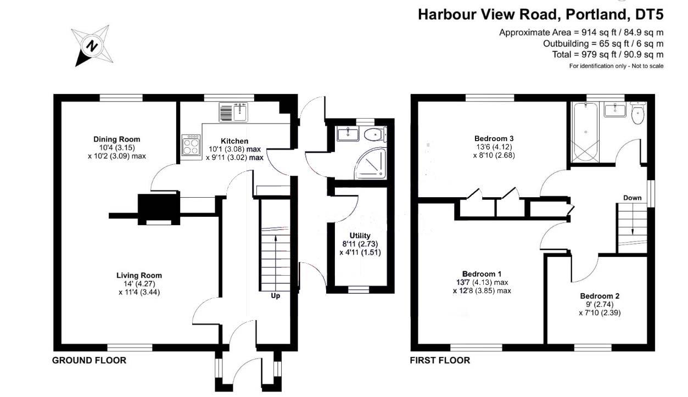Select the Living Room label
coord(139,276)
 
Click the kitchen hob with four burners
coord(191,146)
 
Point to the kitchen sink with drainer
coord(233,112)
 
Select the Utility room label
coord(360,236)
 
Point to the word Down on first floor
coord(633,198)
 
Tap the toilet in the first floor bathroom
coord(637,114)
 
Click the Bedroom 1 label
coord(482,273)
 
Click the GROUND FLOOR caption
coord(89,361)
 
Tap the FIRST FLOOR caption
coord(440,361)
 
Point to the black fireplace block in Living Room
coord(158,208)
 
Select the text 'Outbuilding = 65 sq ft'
coord(582,43)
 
